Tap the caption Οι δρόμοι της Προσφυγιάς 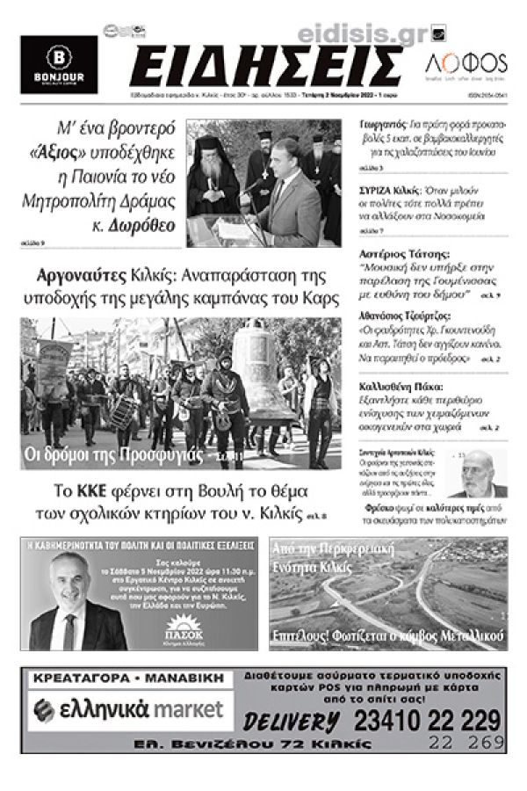[123, 456]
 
